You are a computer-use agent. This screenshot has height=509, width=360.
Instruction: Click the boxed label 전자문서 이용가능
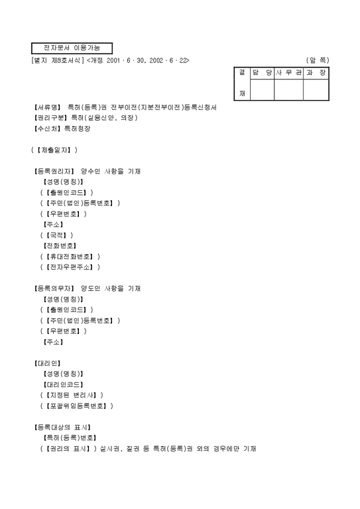point(72,48)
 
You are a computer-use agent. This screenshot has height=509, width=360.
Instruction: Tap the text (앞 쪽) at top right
point(318,60)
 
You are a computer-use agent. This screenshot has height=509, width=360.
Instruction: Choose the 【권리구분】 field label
point(50,118)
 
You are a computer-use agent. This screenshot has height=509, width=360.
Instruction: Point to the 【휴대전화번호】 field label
point(72,256)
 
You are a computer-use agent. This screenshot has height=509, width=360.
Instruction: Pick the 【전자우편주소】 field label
point(72,266)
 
